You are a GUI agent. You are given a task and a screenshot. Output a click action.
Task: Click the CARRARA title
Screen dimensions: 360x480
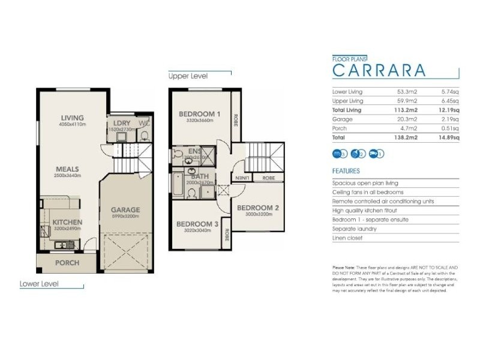click(379, 70)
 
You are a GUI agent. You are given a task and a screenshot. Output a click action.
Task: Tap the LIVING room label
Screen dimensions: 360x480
click(73, 118)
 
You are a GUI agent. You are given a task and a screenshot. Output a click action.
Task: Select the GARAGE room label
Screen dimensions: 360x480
click(125, 210)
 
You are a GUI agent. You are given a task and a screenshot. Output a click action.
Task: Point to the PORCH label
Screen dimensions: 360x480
click(67, 263)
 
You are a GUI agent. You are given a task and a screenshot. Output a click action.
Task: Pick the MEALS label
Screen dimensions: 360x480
click(68, 169)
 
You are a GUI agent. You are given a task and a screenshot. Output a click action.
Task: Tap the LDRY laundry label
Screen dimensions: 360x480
click(119, 123)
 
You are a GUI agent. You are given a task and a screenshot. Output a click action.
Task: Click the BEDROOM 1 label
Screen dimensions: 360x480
click(200, 114)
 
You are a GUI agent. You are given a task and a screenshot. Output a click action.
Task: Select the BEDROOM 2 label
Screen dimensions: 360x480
click(257, 209)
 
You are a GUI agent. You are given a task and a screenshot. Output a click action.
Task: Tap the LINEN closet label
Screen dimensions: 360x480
click(241, 178)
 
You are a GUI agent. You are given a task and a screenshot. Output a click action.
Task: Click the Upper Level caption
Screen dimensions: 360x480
click(188, 77)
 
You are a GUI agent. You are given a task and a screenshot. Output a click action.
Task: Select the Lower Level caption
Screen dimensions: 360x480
click(39, 284)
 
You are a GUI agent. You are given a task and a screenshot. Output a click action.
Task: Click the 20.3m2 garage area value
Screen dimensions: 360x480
click(409, 119)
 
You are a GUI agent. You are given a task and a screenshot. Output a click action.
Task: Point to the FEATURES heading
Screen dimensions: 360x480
click(346, 170)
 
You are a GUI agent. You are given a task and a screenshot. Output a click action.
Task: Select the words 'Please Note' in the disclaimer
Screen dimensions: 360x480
click(343, 266)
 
